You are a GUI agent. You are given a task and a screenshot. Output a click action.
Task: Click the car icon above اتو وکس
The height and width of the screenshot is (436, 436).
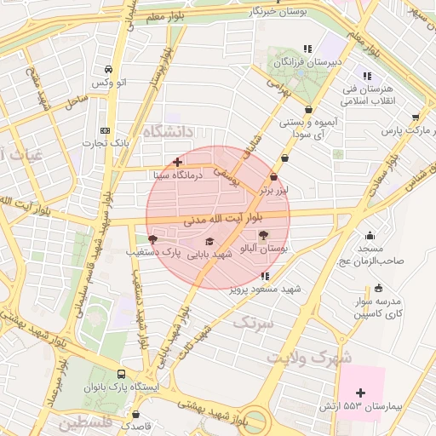108,70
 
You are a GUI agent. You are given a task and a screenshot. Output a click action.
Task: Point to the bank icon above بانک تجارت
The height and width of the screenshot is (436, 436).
105,130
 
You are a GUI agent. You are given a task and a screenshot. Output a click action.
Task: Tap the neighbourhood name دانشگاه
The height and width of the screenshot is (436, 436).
170,131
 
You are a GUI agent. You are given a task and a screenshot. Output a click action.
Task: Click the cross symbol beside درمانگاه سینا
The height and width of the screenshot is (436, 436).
177,161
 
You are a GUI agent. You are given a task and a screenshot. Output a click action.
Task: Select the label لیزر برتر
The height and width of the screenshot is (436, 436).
274,189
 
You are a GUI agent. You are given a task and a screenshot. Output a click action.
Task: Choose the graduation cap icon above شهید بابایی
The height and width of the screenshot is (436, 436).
209,242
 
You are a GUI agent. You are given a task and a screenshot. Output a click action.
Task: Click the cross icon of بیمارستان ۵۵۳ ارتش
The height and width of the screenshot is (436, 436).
360,393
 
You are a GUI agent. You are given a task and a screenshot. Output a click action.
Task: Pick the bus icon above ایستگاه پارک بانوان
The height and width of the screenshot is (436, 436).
121,374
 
